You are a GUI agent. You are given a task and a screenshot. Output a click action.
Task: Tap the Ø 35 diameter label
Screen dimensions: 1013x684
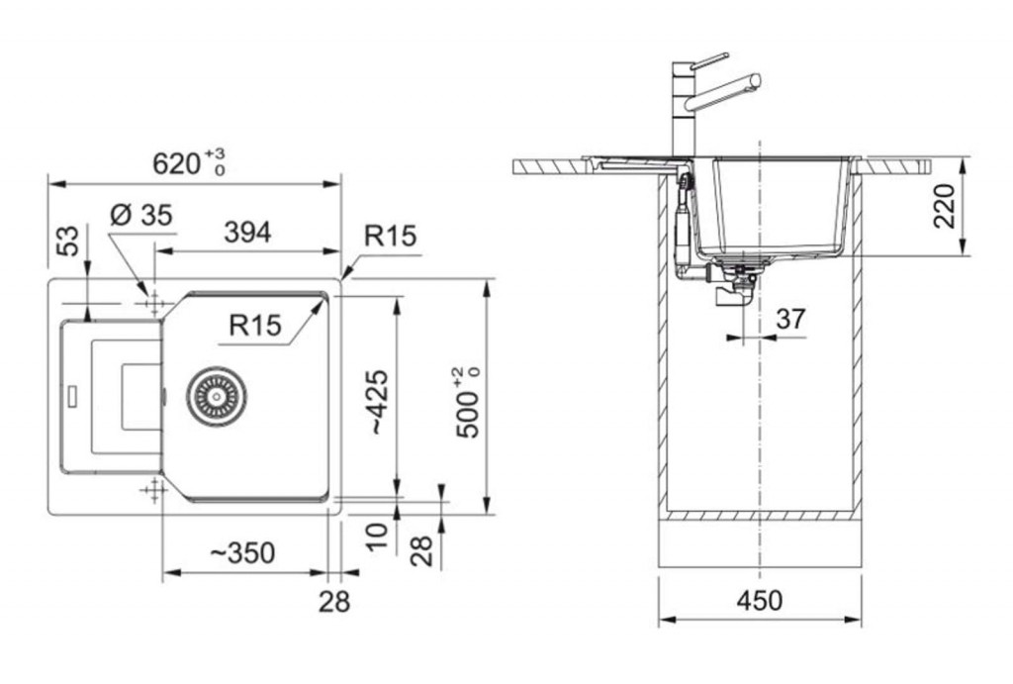140,215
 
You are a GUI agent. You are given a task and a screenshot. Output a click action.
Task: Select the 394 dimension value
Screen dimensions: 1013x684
247,232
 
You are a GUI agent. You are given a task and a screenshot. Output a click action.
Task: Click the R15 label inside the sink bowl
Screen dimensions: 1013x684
255,326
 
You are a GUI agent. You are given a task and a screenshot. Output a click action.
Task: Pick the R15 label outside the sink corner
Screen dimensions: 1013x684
390,236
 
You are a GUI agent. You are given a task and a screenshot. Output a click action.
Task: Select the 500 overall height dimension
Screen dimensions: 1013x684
468,402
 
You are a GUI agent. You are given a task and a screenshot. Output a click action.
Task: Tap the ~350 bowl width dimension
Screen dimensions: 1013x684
243,552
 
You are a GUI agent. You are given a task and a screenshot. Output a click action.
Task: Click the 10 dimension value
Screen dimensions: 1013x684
377,536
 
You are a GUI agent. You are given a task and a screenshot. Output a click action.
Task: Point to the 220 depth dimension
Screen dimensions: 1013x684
944,206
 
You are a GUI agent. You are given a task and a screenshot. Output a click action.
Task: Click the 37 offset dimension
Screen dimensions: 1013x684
790,318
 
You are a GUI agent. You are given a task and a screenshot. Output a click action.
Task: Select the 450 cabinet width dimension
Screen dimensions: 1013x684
759,601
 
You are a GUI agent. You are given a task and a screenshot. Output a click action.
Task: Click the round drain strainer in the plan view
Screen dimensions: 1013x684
217,395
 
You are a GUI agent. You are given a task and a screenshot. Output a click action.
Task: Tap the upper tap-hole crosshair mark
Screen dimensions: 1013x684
154,303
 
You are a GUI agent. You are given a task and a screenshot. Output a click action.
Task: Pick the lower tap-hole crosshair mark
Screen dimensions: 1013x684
153,491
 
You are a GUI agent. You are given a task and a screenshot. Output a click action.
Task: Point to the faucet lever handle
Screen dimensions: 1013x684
710,59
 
